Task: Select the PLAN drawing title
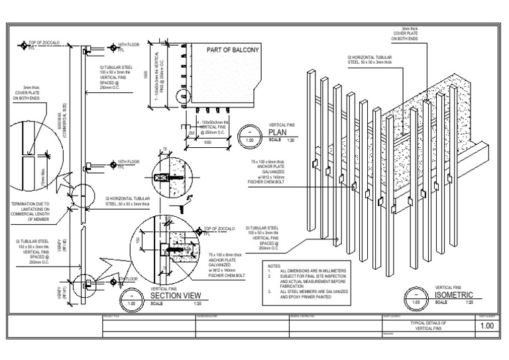(277, 132)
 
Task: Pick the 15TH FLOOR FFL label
(129, 162)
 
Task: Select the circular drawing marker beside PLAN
(249, 136)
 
